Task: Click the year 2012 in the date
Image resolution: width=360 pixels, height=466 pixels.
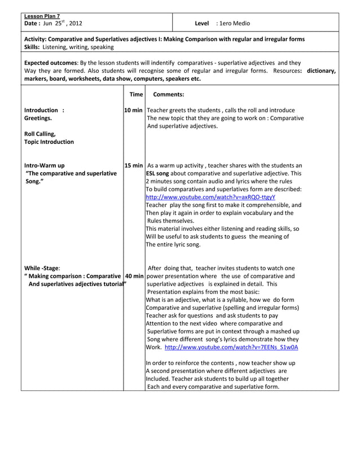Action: coord(74,23)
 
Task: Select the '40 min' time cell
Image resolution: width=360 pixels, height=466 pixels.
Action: coord(134,276)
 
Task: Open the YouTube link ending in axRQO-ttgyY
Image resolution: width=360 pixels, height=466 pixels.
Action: coord(210,197)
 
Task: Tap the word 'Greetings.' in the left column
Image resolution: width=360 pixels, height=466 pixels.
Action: coord(38,118)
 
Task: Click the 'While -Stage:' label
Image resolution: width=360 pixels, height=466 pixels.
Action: coord(42,268)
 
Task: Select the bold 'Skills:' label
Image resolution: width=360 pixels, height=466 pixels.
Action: coord(32,47)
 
